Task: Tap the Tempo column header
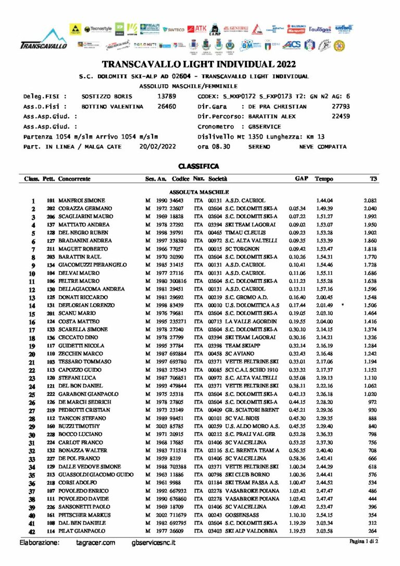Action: (x=324, y=179)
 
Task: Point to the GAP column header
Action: (x=302, y=179)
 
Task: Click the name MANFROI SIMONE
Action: (x=81, y=200)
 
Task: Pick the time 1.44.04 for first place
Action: (x=324, y=200)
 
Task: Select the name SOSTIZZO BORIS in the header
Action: (x=107, y=97)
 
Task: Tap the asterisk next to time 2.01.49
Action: (x=342, y=305)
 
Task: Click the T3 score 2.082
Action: (x=370, y=200)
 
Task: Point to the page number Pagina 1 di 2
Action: (x=364, y=542)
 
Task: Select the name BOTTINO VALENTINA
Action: (x=112, y=107)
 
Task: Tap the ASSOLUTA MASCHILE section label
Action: (x=199, y=192)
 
